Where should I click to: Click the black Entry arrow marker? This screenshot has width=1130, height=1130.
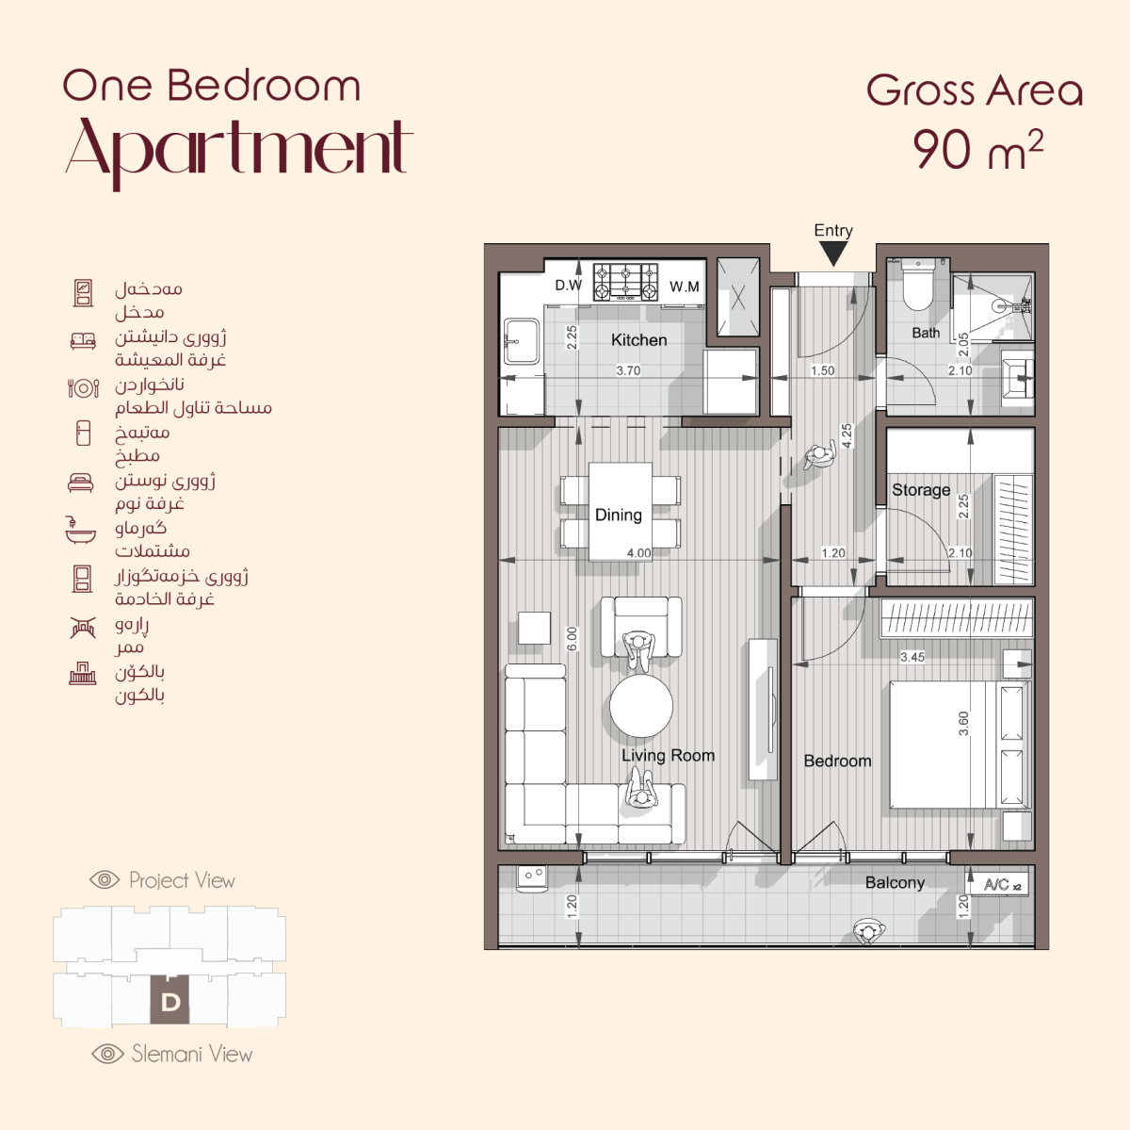tap(833, 254)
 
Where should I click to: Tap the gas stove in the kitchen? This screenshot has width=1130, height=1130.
tap(625, 282)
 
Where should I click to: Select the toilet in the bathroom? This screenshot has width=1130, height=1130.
tap(917, 285)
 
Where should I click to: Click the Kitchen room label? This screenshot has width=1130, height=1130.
tap(638, 340)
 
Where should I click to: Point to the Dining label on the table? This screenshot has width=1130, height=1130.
tap(618, 515)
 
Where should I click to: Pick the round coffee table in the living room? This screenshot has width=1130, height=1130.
tap(641, 706)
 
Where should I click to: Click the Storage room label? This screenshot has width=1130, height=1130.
tap(921, 489)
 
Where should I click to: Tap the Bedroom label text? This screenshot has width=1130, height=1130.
tap(837, 761)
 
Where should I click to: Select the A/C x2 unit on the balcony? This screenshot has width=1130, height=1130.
tap(997, 884)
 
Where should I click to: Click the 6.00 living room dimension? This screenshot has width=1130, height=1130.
tap(572, 639)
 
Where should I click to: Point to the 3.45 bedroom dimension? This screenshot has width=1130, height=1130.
tap(912, 657)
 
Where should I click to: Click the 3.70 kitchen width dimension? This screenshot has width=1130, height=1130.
tap(628, 370)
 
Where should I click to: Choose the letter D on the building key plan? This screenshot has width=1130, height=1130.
tap(170, 1002)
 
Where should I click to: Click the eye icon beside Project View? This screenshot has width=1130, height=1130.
tap(105, 880)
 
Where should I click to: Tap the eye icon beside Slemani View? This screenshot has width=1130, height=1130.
tap(108, 1054)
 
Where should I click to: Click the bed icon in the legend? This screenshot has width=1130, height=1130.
tap(81, 482)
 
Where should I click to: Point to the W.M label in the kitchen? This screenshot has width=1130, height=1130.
tap(685, 287)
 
